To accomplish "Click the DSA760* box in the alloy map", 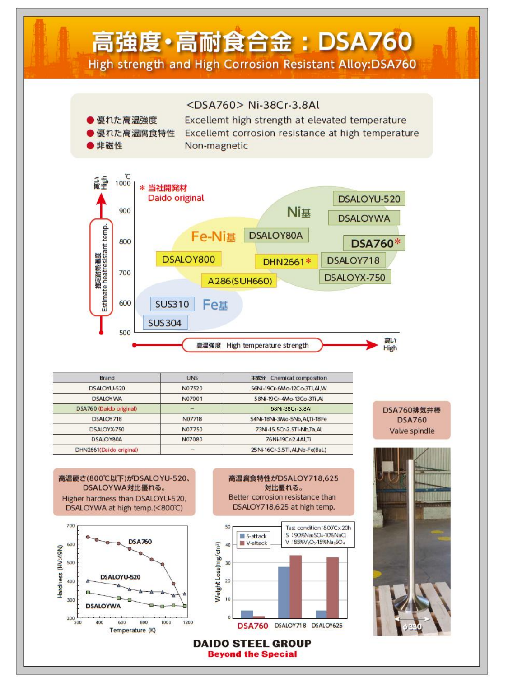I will pyautogui.click(x=374, y=243).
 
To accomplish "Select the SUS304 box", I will pyautogui.click(x=165, y=323).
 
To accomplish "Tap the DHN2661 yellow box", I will pyautogui.click(x=284, y=262).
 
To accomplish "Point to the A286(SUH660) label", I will pyautogui.click(x=239, y=281).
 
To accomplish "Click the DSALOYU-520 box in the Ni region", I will pyautogui.click(x=369, y=199).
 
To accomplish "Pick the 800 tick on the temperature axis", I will pyautogui.click(x=125, y=241).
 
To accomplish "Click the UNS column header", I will pyautogui.click(x=192, y=378).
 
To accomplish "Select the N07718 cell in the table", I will pyautogui.click(x=192, y=419).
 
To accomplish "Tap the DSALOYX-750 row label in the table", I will pyautogui.click(x=107, y=429).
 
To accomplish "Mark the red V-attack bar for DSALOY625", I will pyautogui.click(x=332, y=587).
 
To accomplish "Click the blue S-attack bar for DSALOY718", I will pyautogui.click(x=284, y=592).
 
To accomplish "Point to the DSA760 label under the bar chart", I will pyautogui.click(x=252, y=626).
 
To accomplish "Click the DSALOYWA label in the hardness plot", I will pyautogui.click(x=103, y=606).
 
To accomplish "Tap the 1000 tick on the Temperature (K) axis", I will pyautogui.click(x=166, y=622).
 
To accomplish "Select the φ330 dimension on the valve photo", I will pyautogui.click(x=412, y=626).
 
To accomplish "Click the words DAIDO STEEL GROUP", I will pyautogui.click(x=252, y=643).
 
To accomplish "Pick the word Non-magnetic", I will pyautogui.click(x=216, y=146).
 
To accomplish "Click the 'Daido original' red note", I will pyautogui.click(x=176, y=198).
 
